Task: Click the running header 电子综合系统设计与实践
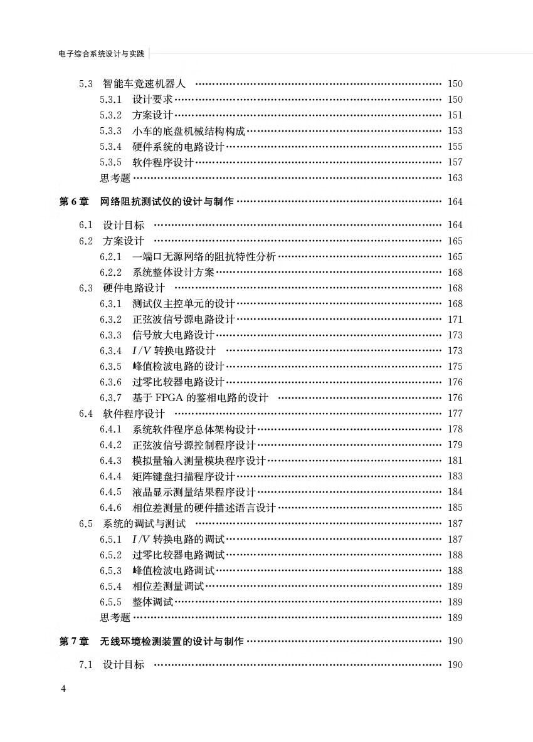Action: [x=101, y=55]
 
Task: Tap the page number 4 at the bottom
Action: [x=63, y=689]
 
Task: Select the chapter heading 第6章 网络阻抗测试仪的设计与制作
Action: [x=146, y=202]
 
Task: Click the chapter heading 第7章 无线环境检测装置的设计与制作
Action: [x=151, y=641]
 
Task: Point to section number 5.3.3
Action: [x=110, y=131]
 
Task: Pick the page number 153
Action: [x=455, y=131]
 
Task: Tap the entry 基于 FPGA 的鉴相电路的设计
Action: [x=200, y=398]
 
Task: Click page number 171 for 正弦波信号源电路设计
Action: [x=455, y=320]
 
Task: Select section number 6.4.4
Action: [x=110, y=476]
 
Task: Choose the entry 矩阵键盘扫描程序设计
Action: [x=183, y=476]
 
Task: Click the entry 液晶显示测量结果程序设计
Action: [x=194, y=492]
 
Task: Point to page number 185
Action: [x=455, y=508]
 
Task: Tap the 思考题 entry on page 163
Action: [x=115, y=178]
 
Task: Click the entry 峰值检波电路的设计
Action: [x=178, y=367]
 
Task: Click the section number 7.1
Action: [x=86, y=664]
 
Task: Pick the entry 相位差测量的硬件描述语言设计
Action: [x=204, y=508]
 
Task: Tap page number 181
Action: [x=455, y=461]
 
